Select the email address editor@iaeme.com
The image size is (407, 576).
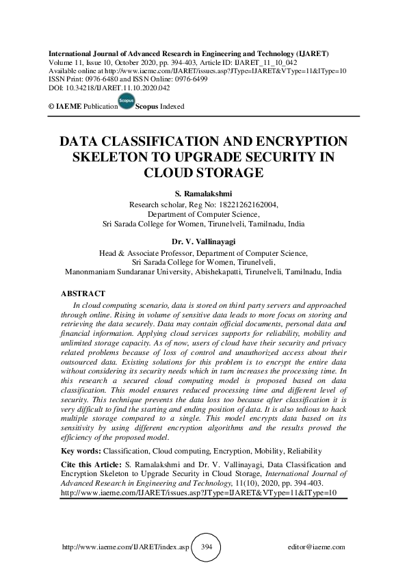(x=317, y=547)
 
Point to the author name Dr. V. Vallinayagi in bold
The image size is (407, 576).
(x=202, y=241)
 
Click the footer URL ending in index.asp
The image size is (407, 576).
(x=125, y=547)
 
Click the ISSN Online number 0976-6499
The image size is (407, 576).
(x=188, y=79)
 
